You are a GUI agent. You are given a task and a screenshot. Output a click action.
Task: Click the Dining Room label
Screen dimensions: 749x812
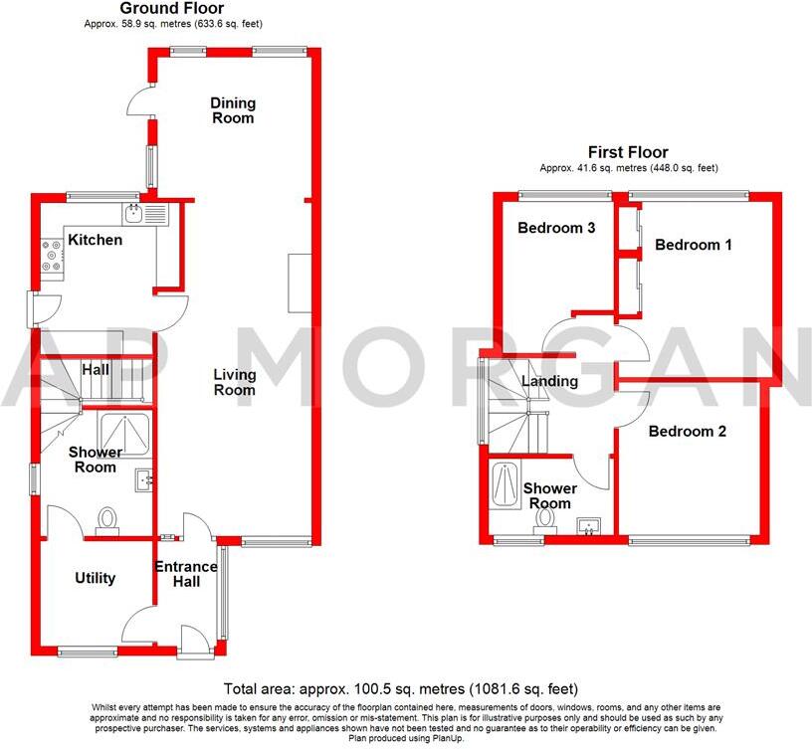[232, 110]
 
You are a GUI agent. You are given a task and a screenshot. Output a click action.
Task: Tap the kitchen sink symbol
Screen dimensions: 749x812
[134, 211]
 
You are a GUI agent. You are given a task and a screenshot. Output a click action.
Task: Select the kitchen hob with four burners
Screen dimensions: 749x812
[51, 257]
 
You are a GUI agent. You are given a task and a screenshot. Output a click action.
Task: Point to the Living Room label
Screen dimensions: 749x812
[235, 382]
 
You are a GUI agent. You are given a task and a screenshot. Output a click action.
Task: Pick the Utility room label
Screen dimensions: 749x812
[96, 578]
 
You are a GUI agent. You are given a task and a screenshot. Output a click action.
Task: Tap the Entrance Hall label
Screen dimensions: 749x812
[185, 575]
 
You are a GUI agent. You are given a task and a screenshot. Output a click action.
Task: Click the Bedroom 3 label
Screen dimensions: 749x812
[556, 228]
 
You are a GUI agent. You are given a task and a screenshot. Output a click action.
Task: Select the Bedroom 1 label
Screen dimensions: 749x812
[693, 244]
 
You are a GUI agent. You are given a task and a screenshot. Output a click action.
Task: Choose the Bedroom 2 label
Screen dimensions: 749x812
[688, 432]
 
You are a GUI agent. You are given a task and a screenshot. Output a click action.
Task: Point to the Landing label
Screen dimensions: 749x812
[549, 381]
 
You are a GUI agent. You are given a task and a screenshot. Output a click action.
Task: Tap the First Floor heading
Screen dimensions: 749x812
[628, 152]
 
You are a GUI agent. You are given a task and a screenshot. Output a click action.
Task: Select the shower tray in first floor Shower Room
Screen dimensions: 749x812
[503, 488]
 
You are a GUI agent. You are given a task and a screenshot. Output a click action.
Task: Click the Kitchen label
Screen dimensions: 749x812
[96, 240]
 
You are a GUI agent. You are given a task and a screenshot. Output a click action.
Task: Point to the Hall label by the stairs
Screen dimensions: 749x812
[96, 370]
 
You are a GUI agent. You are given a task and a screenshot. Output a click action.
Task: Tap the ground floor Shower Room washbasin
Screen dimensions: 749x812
[144, 479]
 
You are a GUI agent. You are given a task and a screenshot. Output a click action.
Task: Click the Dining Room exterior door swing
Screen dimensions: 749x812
[140, 100]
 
